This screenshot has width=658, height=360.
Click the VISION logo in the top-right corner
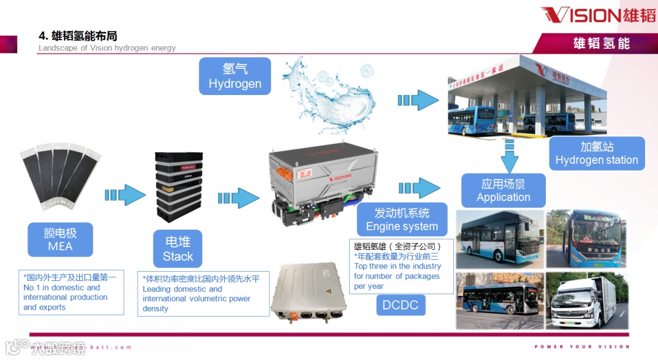(598, 15)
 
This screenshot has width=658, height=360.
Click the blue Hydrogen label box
(235, 76)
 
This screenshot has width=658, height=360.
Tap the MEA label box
(60, 239)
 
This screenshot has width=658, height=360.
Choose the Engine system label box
(402, 220)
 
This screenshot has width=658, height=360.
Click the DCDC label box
(400, 305)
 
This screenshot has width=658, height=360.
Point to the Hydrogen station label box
(596, 154)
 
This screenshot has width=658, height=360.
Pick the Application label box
(503, 191)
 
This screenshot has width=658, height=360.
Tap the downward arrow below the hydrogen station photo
(509, 156)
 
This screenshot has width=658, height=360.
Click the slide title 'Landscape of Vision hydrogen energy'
(107, 48)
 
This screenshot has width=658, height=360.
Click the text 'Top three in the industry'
(397, 266)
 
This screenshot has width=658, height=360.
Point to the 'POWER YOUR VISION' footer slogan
(582, 347)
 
